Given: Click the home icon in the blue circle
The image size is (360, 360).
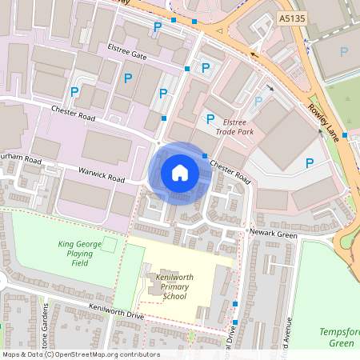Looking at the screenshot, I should click(x=180, y=173).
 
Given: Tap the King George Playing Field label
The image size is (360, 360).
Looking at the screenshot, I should click(x=79, y=254).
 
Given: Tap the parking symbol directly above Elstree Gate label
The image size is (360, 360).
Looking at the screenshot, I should click(x=158, y=27).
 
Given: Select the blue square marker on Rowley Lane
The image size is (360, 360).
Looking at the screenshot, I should click(x=345, y=134).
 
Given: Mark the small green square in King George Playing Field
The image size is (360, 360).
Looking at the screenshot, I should click(x=110, y=242).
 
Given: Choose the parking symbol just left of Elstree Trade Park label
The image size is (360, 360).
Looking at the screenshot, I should click(x=210, y=119).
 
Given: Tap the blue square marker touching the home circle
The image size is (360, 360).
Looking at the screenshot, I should click(x=205, y=155).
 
